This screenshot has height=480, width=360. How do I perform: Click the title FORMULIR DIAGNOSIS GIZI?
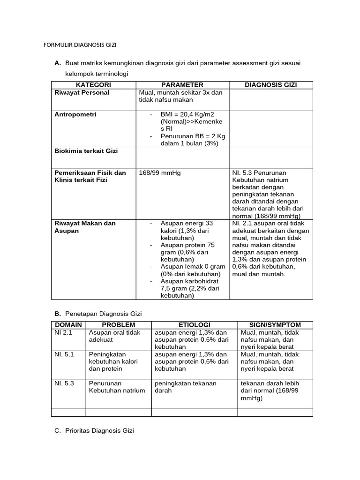coord(80,45)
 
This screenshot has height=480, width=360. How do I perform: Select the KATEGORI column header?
coord(93,85)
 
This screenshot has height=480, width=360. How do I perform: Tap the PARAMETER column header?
coord(182,85)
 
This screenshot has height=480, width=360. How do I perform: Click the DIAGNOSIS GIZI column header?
coord(270,85)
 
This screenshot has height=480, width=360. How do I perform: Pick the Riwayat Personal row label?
coord(82,93)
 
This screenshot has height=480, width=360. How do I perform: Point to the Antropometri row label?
coord(75,114)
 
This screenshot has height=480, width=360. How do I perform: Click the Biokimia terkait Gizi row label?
coord(86,151)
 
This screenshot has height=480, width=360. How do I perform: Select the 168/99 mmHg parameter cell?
coord(160,173)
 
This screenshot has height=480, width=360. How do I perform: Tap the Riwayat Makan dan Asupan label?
coord(85,227)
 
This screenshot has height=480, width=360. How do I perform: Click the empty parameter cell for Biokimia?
coord(182,157)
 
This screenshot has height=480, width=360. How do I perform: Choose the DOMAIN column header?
coord(68,325)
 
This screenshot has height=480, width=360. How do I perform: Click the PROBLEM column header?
coord(119,325)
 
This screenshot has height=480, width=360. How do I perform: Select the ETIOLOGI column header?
coord(194,325)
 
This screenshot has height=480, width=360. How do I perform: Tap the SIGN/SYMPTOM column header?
coord(275,325)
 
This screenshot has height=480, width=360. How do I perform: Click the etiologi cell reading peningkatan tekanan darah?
coord(185,387)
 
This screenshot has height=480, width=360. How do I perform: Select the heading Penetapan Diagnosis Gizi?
coord(103,313)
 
